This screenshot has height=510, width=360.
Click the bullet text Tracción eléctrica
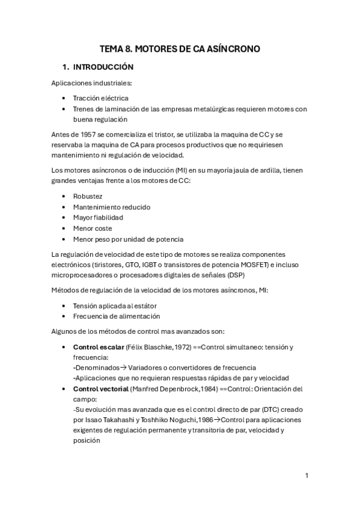pyautogui.click(x=100, y=97)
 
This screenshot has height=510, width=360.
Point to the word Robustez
pyautogui.click(x=88, y=196)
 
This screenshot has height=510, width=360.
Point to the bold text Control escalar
pyautogui.click(x=99, y=347)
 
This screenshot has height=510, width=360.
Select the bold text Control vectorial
pyautogui.click(x=100, y=389)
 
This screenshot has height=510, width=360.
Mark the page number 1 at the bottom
pyautogui.click(x=307, y=475)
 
